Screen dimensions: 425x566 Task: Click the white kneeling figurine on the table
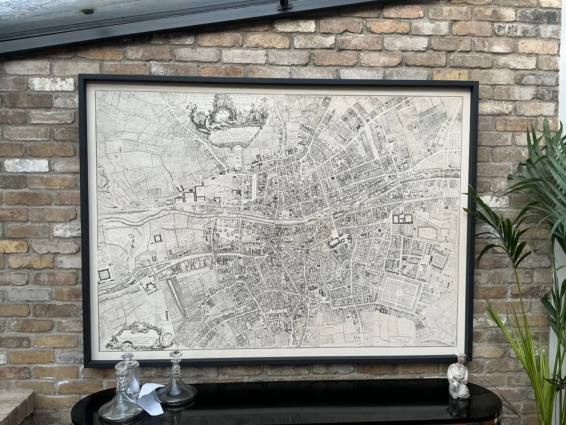click(458, 376)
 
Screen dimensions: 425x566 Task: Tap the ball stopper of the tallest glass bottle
click(126, 347)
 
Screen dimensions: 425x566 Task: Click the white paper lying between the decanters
click(150, 398)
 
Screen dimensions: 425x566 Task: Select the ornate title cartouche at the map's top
click(227, 118)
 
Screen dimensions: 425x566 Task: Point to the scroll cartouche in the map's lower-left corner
click(140, 336)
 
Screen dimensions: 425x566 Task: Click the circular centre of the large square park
click(399, 293)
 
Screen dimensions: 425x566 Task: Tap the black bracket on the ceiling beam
click(285, 5)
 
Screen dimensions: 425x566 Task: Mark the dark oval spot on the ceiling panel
click(87, 11)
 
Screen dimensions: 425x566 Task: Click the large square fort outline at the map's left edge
click(104, 274)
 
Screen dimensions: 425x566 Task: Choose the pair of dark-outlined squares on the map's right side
click(402, 219)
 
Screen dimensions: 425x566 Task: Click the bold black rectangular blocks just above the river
click(191, 194)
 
